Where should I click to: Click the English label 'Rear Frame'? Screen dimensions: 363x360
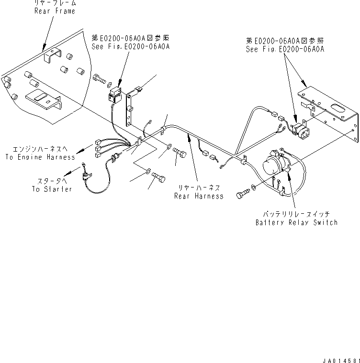tap(54, 11)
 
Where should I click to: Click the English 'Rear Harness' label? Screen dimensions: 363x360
tap(199, 196)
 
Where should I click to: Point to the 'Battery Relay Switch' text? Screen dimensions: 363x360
tap(296, 222)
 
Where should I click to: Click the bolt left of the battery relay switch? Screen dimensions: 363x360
tap(244, 195)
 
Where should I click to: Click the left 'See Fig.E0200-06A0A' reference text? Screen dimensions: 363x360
tap(131, 46)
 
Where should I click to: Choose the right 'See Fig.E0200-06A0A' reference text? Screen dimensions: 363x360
tap(285, 49)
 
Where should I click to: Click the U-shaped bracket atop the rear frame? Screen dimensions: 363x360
tap(51, 57)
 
